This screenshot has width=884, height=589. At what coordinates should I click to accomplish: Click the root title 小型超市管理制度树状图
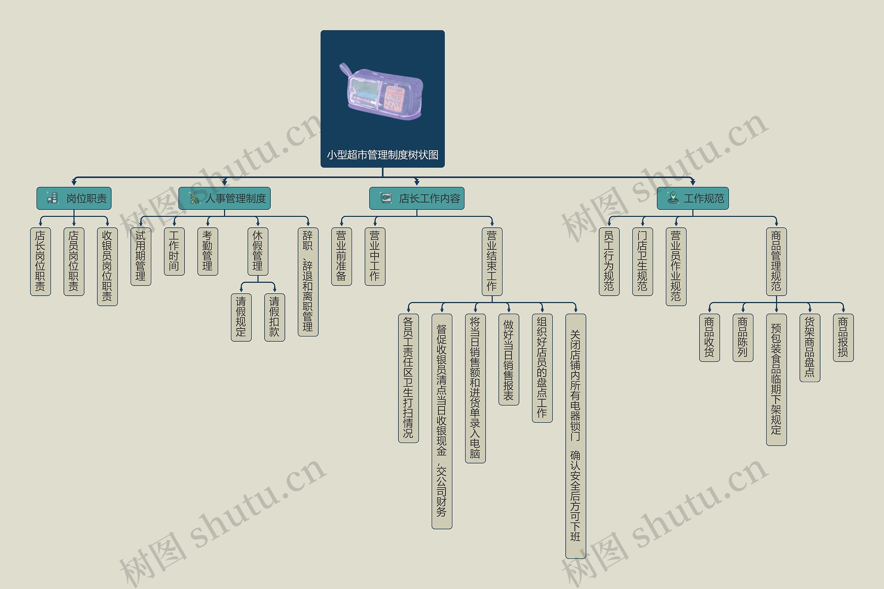click(x=383, y=155)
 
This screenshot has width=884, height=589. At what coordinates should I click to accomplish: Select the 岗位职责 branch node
click(x=86, y=198)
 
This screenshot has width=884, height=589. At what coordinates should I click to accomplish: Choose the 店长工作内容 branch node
click(x=429, y=198)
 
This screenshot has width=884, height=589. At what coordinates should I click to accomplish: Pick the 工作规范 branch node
click(x=703, y=198)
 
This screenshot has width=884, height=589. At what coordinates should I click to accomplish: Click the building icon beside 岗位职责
click(x=52, y=198)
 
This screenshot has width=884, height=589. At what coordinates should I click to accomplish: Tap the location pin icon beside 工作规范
click(x=673, y=198)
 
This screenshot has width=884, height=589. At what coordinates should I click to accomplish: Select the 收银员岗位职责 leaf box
click(x=107, y=266)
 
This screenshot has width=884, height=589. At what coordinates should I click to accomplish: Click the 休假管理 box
click(x=258, y=251)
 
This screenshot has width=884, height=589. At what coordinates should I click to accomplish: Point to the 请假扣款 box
click(x=275, y=317)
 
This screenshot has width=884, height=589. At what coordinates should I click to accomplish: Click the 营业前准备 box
click(x=341, y=256)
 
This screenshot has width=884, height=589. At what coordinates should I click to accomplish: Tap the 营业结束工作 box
click(x=492, y=262)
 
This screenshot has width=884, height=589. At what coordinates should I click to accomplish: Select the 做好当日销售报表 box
click(x=509, y=360)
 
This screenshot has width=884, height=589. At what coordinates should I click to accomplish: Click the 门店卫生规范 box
click(x=642, y=262)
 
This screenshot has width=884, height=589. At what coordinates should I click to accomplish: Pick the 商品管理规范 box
click(x=776, y=262)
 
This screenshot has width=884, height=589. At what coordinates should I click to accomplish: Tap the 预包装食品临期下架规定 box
click(x=776, y=379)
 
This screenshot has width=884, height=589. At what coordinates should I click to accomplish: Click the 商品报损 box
click(x=843, y=337)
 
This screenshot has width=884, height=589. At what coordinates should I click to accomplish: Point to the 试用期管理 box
click(x=141, y=256)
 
